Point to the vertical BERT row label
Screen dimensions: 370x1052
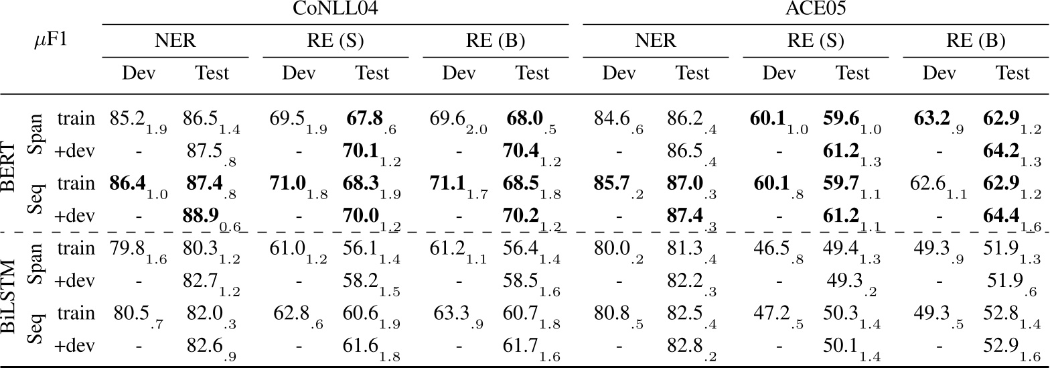point(10,166)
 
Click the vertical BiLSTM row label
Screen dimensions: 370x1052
point(10,297)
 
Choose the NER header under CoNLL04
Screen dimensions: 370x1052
point(175,41)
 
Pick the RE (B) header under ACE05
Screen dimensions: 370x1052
point(975,41)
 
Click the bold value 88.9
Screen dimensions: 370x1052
point(201,216)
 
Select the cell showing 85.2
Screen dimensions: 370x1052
point(127,119)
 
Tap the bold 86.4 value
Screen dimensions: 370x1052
point(127,184)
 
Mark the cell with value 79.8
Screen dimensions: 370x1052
point(127,249)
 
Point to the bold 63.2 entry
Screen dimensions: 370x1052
point(931,119)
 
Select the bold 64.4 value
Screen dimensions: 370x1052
point(1000,216)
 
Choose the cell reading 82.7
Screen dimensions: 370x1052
point(201,281)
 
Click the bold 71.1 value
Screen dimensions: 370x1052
point(449,184)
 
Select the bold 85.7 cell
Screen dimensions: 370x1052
point(609,184)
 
